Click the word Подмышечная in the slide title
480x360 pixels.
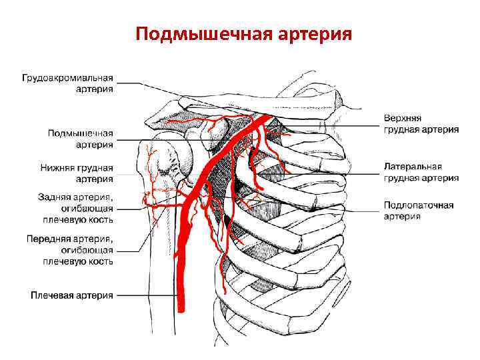(197, 33)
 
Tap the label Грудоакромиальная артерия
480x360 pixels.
(67, 83)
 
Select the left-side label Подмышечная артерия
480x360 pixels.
(80, 139)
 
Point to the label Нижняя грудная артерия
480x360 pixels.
(80, 173)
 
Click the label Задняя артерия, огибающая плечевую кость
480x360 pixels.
(70, 207)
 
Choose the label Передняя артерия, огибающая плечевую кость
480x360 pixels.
(69, 249)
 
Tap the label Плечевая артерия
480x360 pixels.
(73, 295)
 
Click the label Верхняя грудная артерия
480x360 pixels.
(421, 124)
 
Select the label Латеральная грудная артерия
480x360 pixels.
(421, 172)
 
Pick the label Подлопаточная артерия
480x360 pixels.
(418, 211)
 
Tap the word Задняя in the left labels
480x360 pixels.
(53, 197)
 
